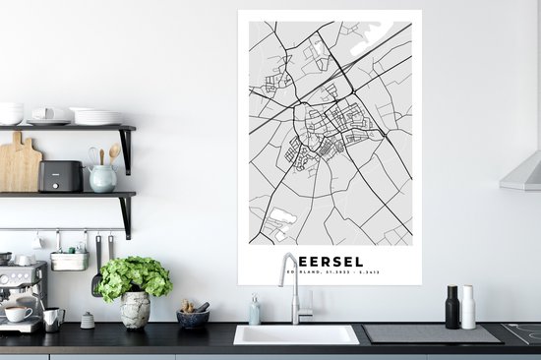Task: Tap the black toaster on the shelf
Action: pyautogui.click(x=60, y=176)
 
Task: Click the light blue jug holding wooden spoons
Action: pyautogui.click(x=102, y=177)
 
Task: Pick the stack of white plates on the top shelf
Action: pyautogui.click(x=98, y=116)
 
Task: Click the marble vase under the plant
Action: pyautogui.click(x=135, y=309)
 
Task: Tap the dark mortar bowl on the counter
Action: pyautogui.click(x=192, y=318)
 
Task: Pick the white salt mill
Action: pyautogui.click(x=468, y=307)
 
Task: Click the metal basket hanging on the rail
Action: pyautogui.click(x=69, y=260)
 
